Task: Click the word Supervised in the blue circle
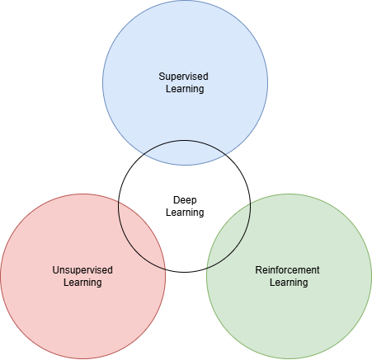point(183,77)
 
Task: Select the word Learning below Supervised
point(185,89)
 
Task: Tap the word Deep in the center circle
point(185,200)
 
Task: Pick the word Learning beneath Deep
point(185,213)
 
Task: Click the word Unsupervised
point(82,270)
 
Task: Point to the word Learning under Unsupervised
point(82,283)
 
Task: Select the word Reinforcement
point(287,270)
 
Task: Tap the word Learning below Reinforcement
point(289,283)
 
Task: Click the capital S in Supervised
point(162,77)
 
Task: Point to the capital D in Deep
point(177,200)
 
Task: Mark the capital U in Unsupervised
point(55,270)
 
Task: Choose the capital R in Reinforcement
point(259,270)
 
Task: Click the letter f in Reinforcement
point(277,269)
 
